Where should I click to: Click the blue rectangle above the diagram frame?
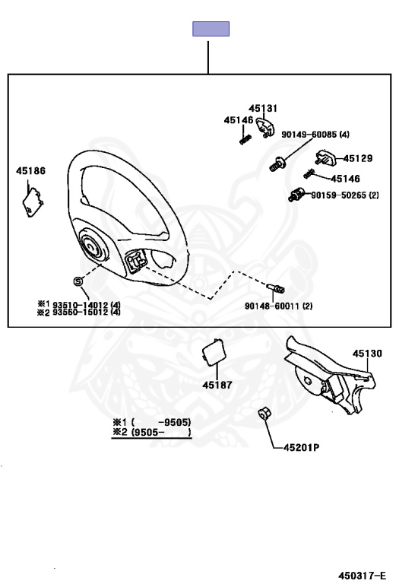(x=211, y=29)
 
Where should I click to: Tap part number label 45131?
(x=263, y=109)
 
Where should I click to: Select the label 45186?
(x=30, y=171)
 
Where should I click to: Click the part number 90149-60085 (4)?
(x=315, y=135)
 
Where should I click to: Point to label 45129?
(x=358, y=158)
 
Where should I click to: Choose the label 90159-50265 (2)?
(x=345, y=195)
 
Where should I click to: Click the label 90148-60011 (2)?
(x=278, y=306)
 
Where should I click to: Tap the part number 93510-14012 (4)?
(x=87, y=305)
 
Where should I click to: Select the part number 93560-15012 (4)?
(x=87, y=312)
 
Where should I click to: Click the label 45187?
(x=217, y=385)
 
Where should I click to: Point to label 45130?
(x=367, y=354)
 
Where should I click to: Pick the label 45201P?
(x=302, y=447)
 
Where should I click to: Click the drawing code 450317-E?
(x=363, y=576)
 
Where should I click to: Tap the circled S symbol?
(x=78, y=281)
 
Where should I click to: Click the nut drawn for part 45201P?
(x=264, y=413)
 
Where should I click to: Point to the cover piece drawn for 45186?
(x=33, y=202)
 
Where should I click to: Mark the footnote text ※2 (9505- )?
(x=152, y=433)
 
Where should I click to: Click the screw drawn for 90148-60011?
(x=276, y=288)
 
